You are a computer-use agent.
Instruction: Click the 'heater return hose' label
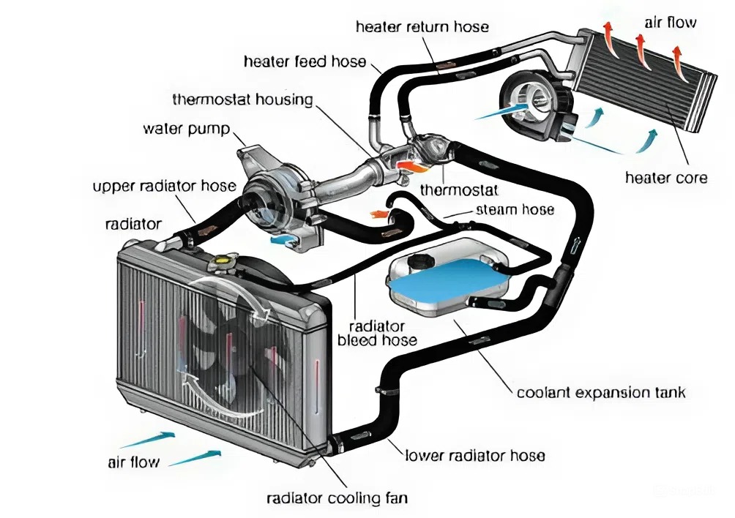[422, 27]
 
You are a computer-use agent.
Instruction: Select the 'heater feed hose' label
[305, 61]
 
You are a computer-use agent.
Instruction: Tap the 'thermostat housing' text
[242, 99]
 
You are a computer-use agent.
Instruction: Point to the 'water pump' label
[186, 129]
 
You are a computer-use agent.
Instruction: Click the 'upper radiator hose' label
[164, 186]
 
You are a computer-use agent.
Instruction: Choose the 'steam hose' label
[515, 209]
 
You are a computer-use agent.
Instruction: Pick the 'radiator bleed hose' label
[377, 333]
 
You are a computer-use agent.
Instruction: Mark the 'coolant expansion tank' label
[601, 392]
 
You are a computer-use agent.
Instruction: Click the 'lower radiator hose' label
[474, 456]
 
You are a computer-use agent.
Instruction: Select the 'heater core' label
[666, 177]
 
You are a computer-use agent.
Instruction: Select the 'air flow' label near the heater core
[670, 23]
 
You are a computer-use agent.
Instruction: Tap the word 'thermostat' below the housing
[459, 190]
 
